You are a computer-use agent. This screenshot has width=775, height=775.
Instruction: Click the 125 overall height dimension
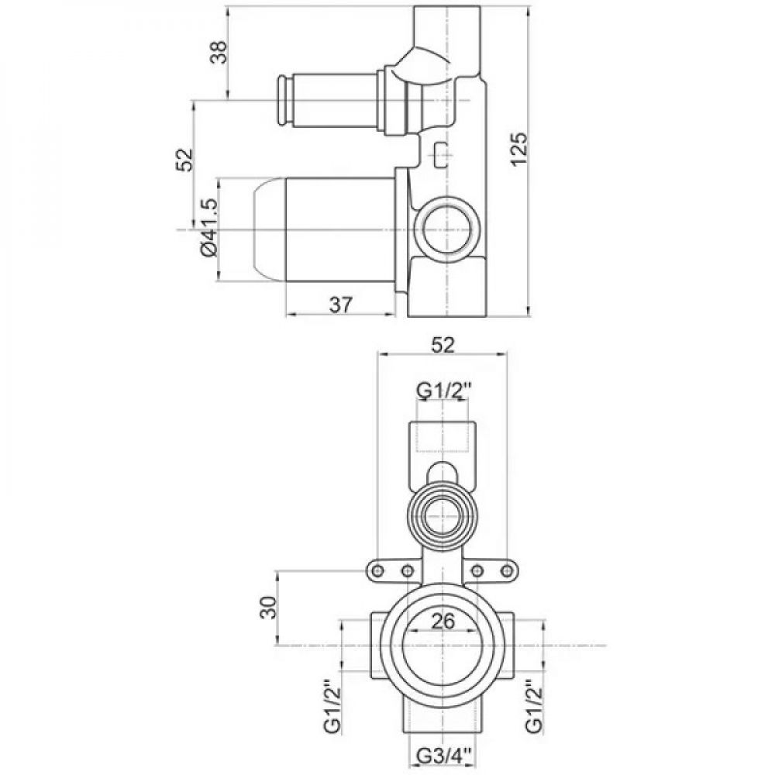point(520,150)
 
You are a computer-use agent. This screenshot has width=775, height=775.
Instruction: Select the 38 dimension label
point(218,51)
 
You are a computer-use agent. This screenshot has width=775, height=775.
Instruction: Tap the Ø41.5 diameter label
point(209,228)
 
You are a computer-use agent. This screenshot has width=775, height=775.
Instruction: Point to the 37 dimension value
point(341,305)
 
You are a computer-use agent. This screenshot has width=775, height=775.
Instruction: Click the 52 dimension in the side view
point(184,160)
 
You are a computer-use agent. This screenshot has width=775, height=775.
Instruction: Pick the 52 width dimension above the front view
point(443,345)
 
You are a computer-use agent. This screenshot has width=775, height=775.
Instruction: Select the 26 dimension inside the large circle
point(443,622)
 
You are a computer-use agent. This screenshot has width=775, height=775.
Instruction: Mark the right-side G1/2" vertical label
point(534,708)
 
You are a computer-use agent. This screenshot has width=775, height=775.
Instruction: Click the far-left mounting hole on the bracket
point(378,571)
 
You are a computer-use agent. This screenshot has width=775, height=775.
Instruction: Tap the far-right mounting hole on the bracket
point(507,571)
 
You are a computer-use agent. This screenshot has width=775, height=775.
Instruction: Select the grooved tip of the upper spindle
point(282,101)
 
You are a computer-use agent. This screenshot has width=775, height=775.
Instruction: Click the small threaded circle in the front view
point(442,515)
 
